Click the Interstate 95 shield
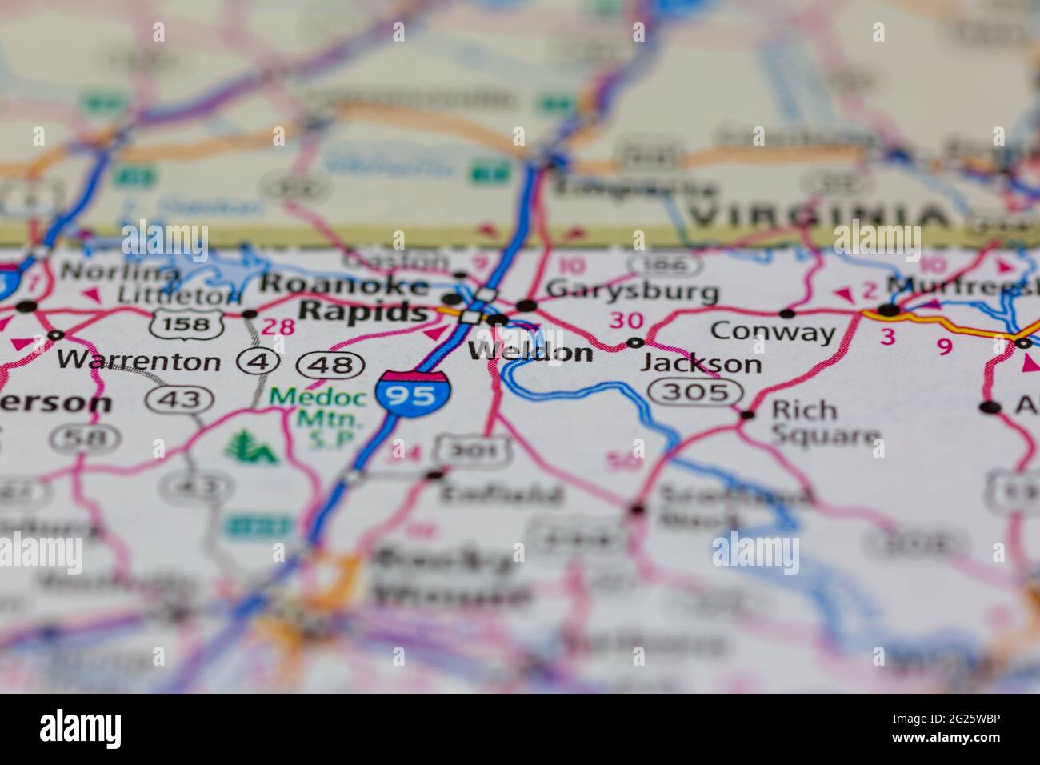414,394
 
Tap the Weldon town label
530,352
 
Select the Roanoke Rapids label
346,298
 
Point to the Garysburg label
632,291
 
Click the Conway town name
772,330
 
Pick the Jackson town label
701,364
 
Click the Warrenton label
138,361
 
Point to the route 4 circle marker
258,362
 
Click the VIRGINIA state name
818,216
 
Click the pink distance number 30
626,320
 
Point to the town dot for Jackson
635,342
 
